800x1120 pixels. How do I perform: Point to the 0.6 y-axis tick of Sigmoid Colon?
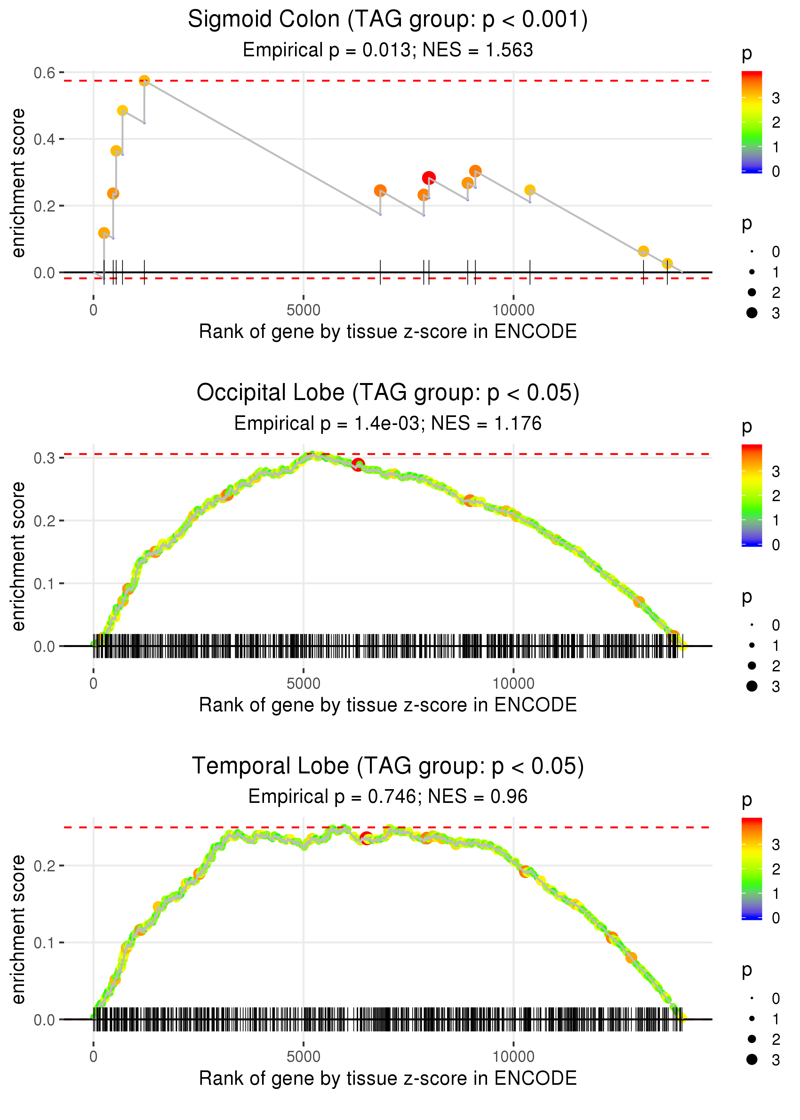pyautogui.click(x=44, y=73)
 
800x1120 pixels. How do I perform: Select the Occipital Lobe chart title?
pyautogui.click(x=388, y=393)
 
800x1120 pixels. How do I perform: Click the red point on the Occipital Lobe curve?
pyautogui.click(x=358, y=464)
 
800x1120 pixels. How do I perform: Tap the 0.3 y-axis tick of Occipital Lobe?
pyautogui.click(x=44, y=458)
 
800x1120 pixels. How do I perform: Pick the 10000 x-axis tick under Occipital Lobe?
pyautogui.click(x=513, y=684)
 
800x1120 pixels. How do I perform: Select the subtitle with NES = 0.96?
pyautogui.click(x=388, y=796)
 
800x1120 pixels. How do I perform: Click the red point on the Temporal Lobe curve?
pyautogui.click(x=366, y=838)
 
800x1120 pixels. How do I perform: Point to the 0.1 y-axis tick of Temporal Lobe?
pyautogui.click(x=44, y=943)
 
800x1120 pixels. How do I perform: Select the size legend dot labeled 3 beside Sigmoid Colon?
pyautogui.click(x=752, y=313)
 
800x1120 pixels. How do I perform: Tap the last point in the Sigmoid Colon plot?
pyautogui.click(x=667, y=263)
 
